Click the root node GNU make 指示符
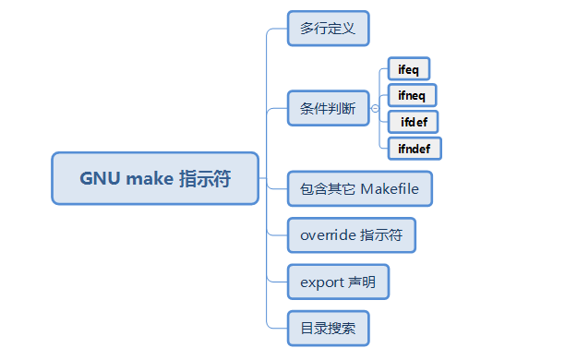coord(155,178)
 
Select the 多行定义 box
coord(328,29)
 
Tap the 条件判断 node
coord(328,109)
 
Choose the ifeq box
coord(408,69)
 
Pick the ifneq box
coord(412,95)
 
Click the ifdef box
coord(413,122)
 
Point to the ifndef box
coord(415,148)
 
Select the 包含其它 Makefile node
coord(359,189)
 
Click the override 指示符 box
coord(351,235)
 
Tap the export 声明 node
coord(338,282)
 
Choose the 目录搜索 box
coord(328,328)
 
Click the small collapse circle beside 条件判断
coord(375,109)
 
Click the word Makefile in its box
coord(390,189)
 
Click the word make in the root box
coord(149,178)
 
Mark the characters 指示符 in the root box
coord(204,178)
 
